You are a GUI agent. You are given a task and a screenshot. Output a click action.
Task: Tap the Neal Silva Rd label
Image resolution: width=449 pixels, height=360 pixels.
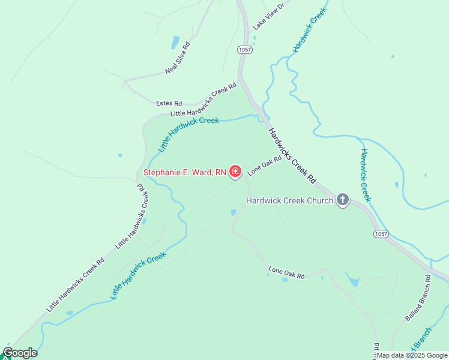[x=178, y=58]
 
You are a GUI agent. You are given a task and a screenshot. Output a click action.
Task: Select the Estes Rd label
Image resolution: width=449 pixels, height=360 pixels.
[x=169, y=103]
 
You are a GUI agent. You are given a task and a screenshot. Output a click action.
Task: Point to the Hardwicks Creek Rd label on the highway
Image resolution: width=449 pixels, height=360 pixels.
[x=292, y=155]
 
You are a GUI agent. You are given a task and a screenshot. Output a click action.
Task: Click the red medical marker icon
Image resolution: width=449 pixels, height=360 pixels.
[x=235, y=172]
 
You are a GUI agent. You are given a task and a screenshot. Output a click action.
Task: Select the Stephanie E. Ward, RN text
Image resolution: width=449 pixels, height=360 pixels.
[x=185, y=173]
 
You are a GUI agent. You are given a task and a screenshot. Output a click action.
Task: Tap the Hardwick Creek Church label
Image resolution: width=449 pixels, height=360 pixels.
[x=290, y=200]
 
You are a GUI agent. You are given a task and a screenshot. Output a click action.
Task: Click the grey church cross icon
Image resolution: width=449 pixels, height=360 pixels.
[x=343, y=199]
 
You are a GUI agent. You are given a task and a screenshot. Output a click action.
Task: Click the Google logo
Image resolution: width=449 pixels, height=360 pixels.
[x=20, y=353]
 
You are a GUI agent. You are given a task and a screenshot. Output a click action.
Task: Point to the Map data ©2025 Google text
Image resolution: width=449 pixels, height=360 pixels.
[x=412, y=355]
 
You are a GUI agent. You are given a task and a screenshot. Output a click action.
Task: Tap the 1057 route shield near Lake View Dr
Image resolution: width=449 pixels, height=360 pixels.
[x=244, y=49]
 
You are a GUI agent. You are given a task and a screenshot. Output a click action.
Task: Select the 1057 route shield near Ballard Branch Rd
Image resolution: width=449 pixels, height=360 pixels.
[x=380, y=233]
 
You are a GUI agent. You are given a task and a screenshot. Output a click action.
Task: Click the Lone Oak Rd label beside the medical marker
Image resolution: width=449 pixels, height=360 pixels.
[x=265, y=166]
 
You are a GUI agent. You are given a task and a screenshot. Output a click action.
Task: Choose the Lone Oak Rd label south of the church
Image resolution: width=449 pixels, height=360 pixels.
[x=286, y=272]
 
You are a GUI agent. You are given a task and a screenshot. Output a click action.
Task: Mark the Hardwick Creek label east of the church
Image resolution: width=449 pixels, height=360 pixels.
[x=366, y=175]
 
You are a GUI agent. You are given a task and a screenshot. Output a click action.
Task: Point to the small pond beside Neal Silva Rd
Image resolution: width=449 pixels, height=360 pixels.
[x=175, y=42]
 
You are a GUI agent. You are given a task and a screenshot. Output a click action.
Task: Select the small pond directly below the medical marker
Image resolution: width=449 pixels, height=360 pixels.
[x=234, y=212]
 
